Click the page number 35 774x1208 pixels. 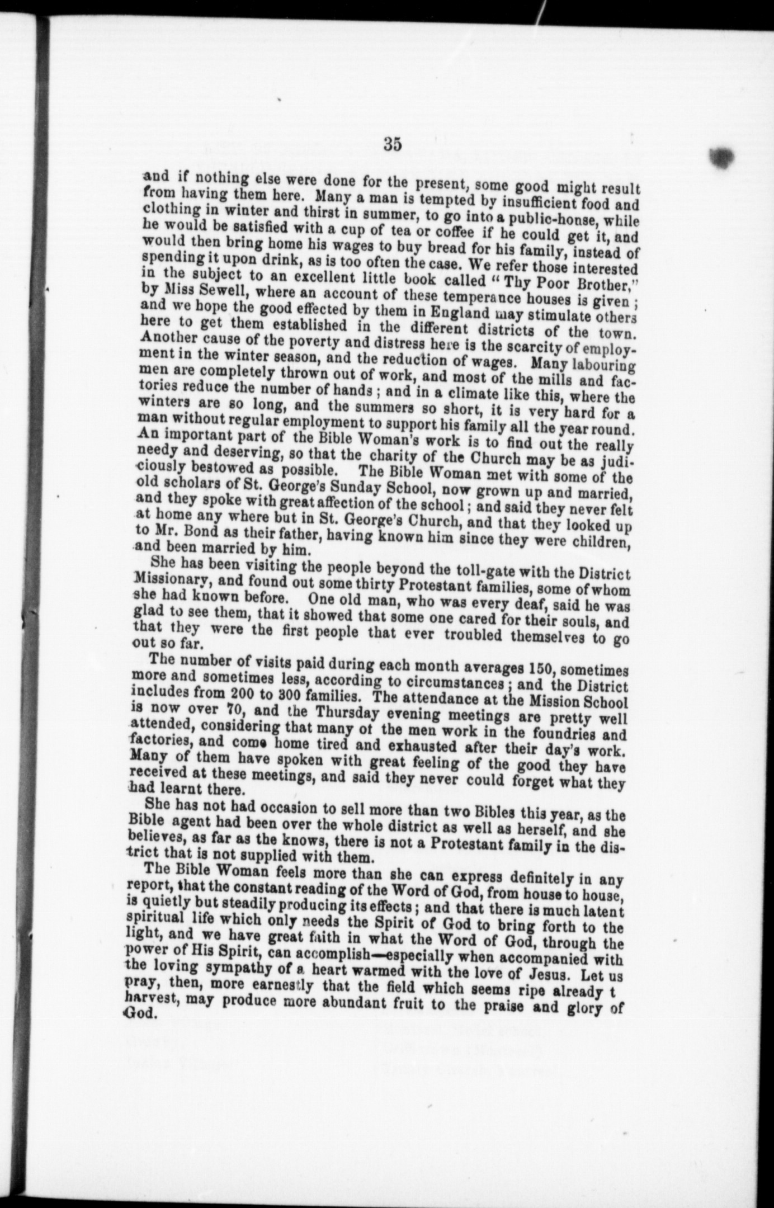(x=393, y=144)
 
